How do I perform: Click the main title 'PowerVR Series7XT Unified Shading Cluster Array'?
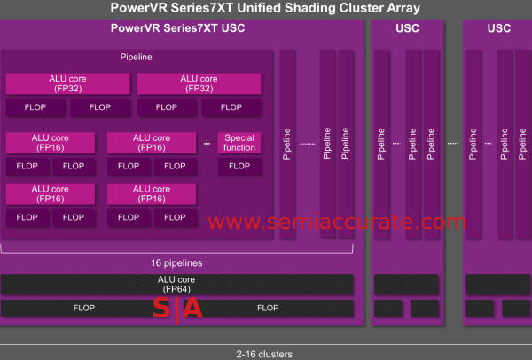265,8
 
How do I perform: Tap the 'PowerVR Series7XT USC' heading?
177,28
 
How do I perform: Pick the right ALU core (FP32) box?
199,83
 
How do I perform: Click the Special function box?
239,142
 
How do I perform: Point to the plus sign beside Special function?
207,143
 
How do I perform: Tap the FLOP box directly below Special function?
239,166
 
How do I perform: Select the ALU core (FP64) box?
177,284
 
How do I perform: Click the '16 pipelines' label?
177,263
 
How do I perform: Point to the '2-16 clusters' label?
265,354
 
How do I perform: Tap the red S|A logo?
177,309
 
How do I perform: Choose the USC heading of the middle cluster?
407,28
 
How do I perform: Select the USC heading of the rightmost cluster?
499,28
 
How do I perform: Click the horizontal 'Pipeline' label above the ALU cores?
136,58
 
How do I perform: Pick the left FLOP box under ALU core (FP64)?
80,309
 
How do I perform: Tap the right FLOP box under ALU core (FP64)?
268,309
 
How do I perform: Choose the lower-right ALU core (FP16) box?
151,193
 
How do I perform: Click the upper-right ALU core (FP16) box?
151,142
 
